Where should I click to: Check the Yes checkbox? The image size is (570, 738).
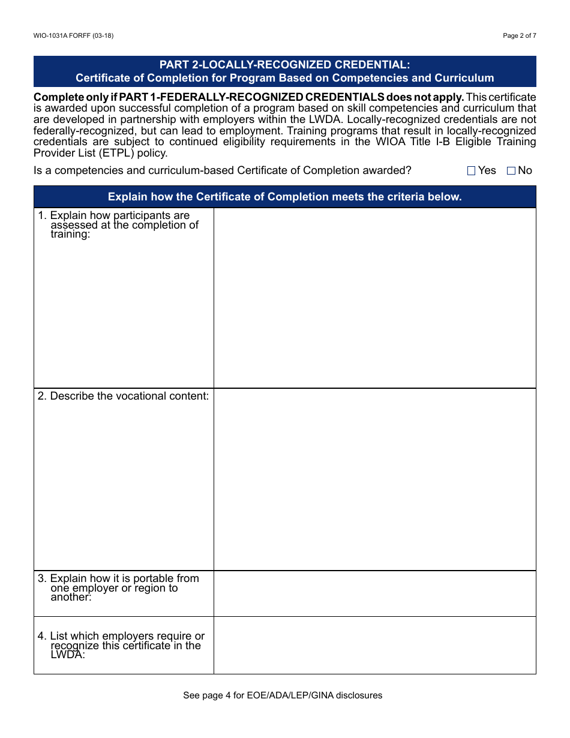pyautogui.click(x=471, y=171)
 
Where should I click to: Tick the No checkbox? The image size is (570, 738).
pyautogui.click(x=511, y=171)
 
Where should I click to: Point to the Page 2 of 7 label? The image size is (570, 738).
pyautogui.click(x=519, y=35)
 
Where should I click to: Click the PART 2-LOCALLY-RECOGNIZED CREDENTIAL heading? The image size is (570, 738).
pyautogui.click(x=284, y=65)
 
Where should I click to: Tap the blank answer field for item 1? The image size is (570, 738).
pyautogui.click(x=374, y=298)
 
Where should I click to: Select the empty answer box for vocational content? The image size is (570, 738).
pyautogui.click(x=374, y=479)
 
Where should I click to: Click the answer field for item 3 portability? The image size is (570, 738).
pyautogui.click(x=374, y=593)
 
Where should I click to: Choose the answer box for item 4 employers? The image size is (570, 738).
pyautogui.click(x=374, y=645)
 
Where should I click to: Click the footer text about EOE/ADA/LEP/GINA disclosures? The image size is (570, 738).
pyautogui.click(x=283, y=695)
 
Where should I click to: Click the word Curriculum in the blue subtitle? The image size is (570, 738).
pyautogui.click(x=464, y=78)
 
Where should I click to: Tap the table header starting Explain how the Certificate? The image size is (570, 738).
pyautogui.click(x=284, y=197)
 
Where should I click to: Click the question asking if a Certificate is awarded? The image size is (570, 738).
pyautogui.click(x=223, y=170)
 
